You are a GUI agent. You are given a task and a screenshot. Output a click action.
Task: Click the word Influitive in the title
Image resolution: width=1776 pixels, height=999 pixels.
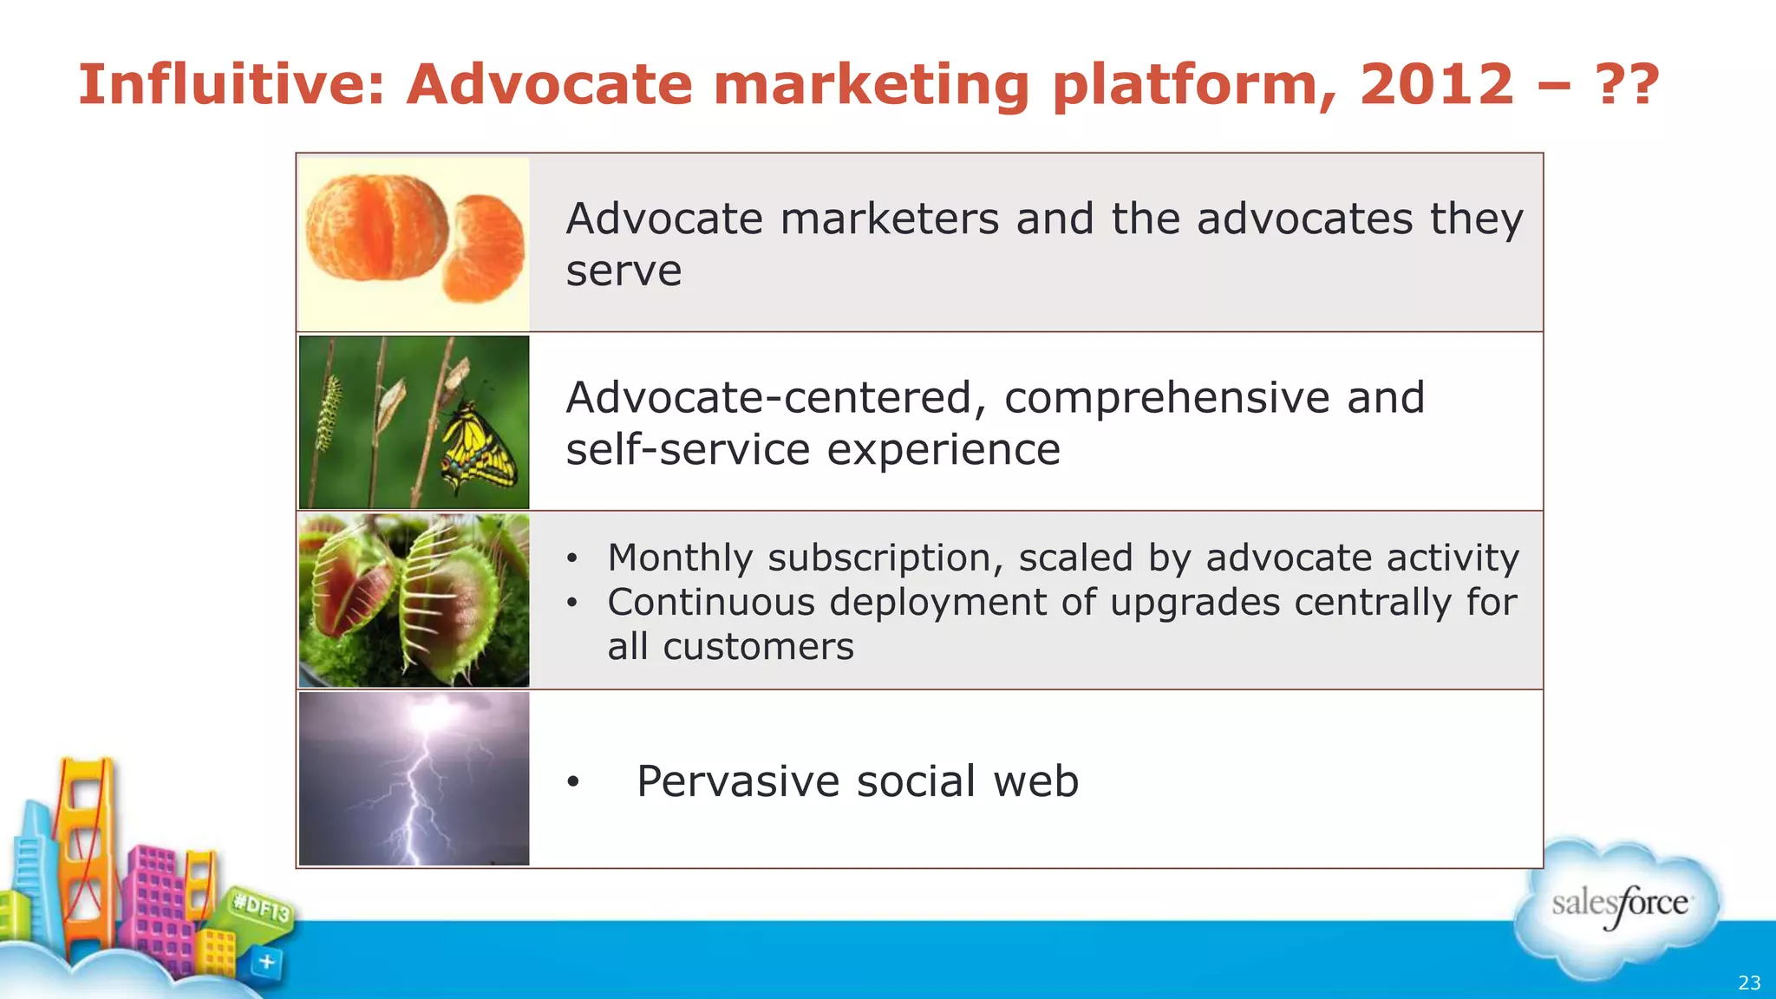pyautogui.click(x=231, y=85)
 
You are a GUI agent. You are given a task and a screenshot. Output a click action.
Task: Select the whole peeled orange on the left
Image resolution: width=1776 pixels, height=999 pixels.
pyautogui.click(x=377, y=227)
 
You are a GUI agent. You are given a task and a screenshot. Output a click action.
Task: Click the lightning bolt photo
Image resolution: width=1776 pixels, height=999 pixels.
pyautogui.click(x=414, y=778)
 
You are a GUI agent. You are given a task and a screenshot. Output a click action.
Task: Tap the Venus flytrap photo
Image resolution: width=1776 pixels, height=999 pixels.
pyautogui.click(x=414, y=600)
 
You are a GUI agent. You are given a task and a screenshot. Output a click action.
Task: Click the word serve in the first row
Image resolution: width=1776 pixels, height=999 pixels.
pyautogui.click(x=624, y=271)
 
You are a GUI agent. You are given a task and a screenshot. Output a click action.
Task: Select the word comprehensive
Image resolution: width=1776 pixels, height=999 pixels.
pyautogui.click(x=1167, y=398)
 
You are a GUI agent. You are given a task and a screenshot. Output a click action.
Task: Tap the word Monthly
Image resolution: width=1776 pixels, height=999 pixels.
pyautogui.click(x=680, y=558)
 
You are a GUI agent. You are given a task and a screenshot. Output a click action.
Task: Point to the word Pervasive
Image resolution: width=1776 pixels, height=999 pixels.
pyautogui.click(x=738, y=781)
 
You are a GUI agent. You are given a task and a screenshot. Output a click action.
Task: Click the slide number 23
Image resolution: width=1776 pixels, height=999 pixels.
pyautogui.click(x=1749, y=983)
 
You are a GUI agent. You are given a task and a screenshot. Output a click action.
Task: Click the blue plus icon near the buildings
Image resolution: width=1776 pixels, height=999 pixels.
pyautogui.click(x=266, y=962)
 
